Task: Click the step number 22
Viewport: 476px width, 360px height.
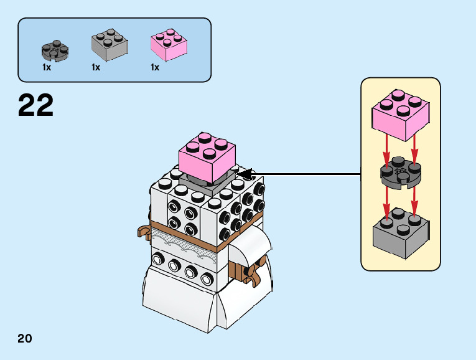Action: pos(36,105)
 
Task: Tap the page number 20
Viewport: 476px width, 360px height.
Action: pos(25,339)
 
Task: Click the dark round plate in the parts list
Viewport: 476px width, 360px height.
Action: pos(54,49)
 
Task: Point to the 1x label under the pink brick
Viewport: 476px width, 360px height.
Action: pos(155,67)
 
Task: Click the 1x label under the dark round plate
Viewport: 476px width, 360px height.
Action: pos(47,67)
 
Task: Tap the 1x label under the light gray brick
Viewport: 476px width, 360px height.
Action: pos(95,67)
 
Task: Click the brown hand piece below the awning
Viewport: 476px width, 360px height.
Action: pos(251,275)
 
